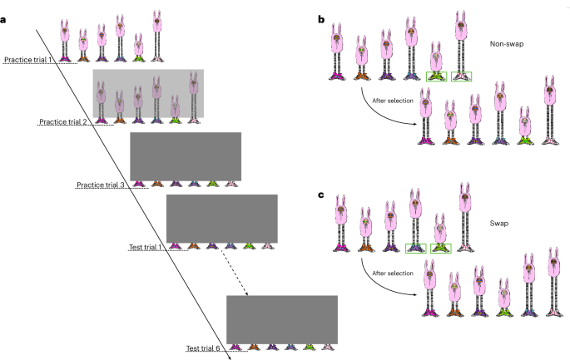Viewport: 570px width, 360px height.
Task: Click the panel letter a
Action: [x=2, y=20]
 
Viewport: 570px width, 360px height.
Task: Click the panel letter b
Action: [x=321, y=20]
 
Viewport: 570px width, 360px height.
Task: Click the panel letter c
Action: [x=320, y=195]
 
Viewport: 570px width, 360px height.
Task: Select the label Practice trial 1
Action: [x=28, y=60]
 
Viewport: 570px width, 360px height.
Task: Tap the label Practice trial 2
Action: [x=63, y=121]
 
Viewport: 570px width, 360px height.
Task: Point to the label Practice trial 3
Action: [x=101, y=185]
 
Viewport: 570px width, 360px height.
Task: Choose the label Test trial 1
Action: [x=145, y=247]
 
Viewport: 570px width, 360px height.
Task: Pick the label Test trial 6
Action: [x=203, y=348]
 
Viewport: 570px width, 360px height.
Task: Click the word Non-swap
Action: [x=507, y=44]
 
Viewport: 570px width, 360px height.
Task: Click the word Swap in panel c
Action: [x=499, y=224]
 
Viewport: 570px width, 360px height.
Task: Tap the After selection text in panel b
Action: [x=393, y=101]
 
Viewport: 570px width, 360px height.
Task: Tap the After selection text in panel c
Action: [x=393, y=274]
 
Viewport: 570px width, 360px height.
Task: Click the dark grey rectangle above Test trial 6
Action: [x=282, y=320]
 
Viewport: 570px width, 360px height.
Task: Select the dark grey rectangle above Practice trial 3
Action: [x=186, y=156]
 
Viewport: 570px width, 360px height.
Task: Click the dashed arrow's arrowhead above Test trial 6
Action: [x=246, y=293]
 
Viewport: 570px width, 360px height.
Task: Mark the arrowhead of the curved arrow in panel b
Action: [x=414, y=124]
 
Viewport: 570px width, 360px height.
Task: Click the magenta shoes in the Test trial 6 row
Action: [x=235, y=348]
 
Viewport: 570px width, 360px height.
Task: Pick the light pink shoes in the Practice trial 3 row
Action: [x=231, y=185]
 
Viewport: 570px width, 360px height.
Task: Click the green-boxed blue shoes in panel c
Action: [x=416, y=249]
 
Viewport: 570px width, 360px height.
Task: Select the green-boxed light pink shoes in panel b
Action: [x=461, y=76]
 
